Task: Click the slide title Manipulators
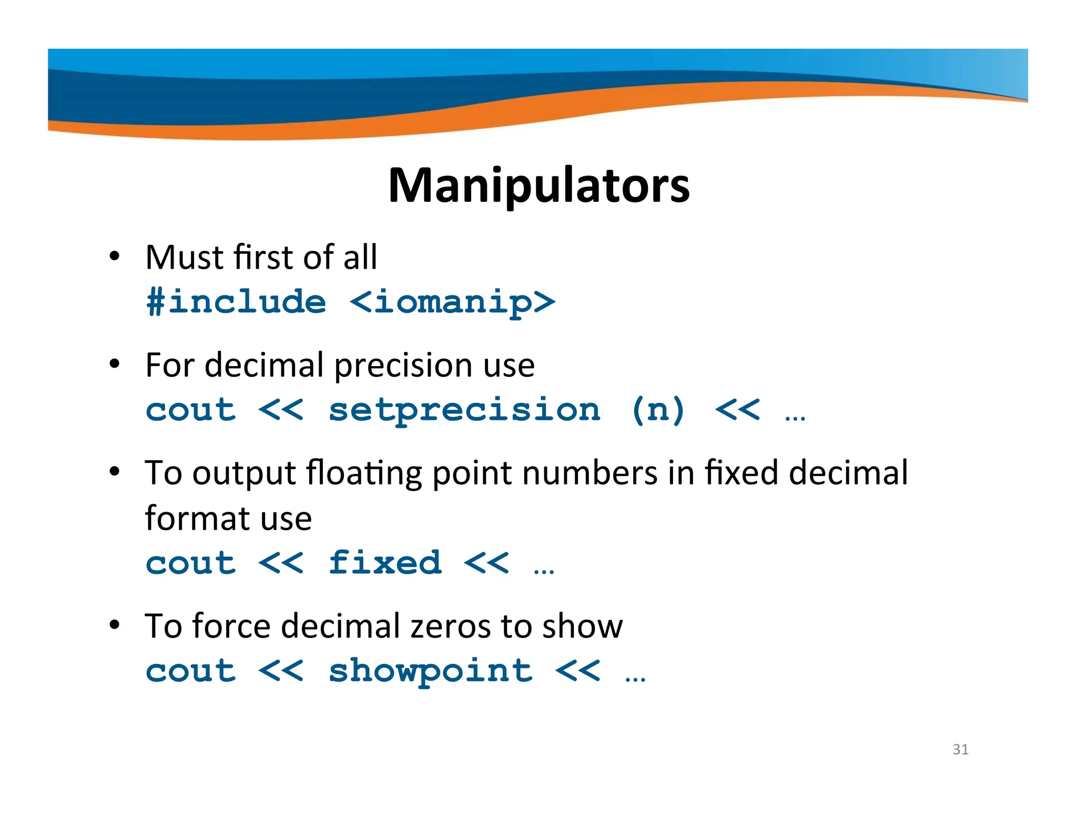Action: coord(538,185)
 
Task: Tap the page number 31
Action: coord(960,749)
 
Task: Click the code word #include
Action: coord(236,302)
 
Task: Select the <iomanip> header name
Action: coord(452,302)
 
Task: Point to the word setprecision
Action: coord(464,410)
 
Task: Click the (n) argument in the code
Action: coord(658,410)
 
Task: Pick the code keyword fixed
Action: coord(385,563)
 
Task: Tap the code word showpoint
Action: coord(431,671)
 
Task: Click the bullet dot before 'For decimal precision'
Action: coord(115,364)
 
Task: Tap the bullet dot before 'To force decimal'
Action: coord(115,625)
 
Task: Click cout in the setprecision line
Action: coord(191,410)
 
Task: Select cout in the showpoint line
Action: coord(191,671)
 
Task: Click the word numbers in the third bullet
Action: coord(590,473)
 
